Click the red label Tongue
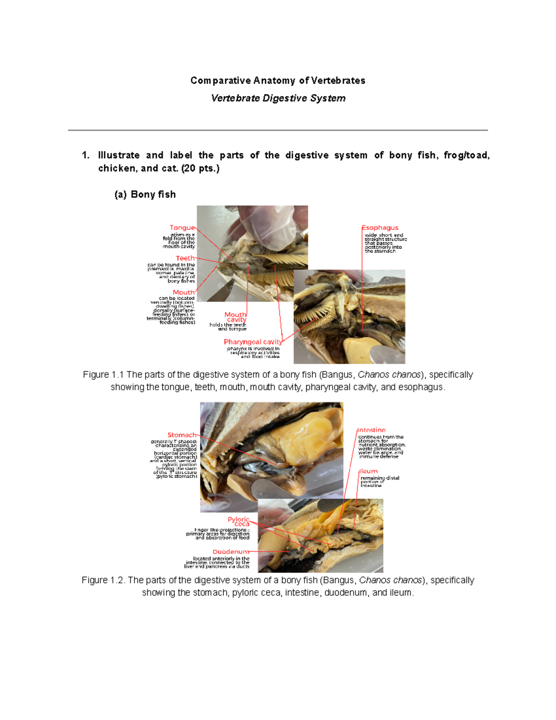[x=182, y=228]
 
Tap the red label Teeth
[x=185, y=258]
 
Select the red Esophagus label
[x=380, y=228]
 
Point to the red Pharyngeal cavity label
[x=253, y=342]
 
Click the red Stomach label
[x=182, y=435]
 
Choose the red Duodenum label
[x=230, y=552]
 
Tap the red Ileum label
[x=369, y=471]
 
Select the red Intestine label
[x=372, y=430]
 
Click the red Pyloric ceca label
[x=239, y=522]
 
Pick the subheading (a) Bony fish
[x=145, y=195]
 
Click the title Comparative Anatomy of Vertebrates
[x=278, y=81]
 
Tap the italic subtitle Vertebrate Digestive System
[x=278, y=98]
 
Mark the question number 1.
[x=85, y=155]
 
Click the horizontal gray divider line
[x=278, y=130]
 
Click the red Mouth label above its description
[x=183, y=292]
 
